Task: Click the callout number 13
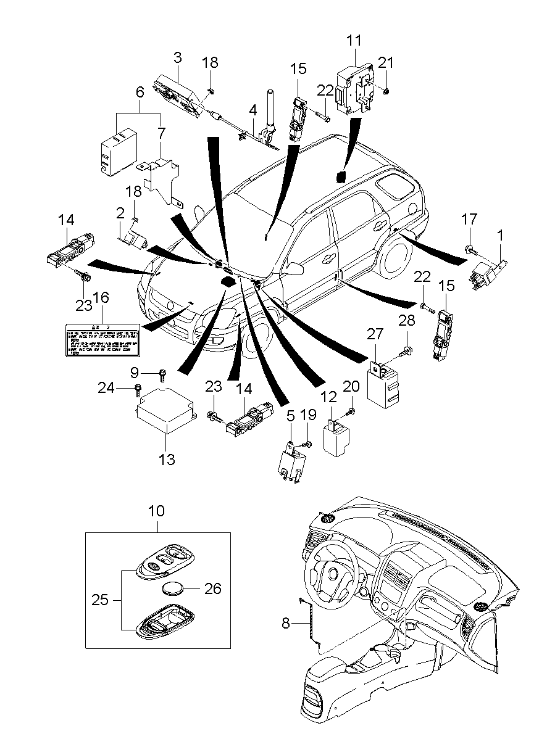click(167, 459)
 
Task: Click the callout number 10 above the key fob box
click(157, 511)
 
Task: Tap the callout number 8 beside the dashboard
click(285, 623)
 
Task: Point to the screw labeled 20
click(351, 411)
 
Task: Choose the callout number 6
click(140, 93)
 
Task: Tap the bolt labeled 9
click(163, 374)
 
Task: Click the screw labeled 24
click(137, 390)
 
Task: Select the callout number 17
click(469, 219)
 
